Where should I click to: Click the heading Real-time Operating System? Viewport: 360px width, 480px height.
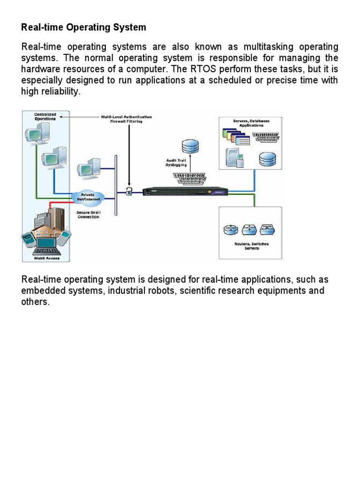click(83, 28)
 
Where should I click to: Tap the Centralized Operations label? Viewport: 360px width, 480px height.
click(46, 116)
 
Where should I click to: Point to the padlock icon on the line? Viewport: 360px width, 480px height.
click(128, 190)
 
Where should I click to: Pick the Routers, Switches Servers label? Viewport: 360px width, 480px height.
click(251, 246)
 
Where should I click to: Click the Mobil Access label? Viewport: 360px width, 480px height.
click(45, 257)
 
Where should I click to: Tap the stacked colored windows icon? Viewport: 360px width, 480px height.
click(237, 137)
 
